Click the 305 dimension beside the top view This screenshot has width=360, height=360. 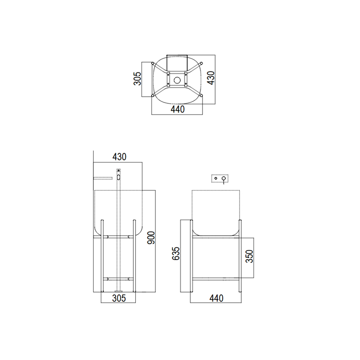[137, 79]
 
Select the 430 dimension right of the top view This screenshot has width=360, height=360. [211, 78]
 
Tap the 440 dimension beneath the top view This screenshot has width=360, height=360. [177, 109]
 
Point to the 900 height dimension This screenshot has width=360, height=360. [151, 238]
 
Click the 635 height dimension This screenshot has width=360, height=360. [176, 254]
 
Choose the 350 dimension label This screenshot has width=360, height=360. [249, 256]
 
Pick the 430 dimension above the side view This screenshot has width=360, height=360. [119, 157]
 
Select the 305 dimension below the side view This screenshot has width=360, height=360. [119, 298]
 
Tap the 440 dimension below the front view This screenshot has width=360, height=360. [217, 298]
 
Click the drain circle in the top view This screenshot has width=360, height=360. [177, 80]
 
